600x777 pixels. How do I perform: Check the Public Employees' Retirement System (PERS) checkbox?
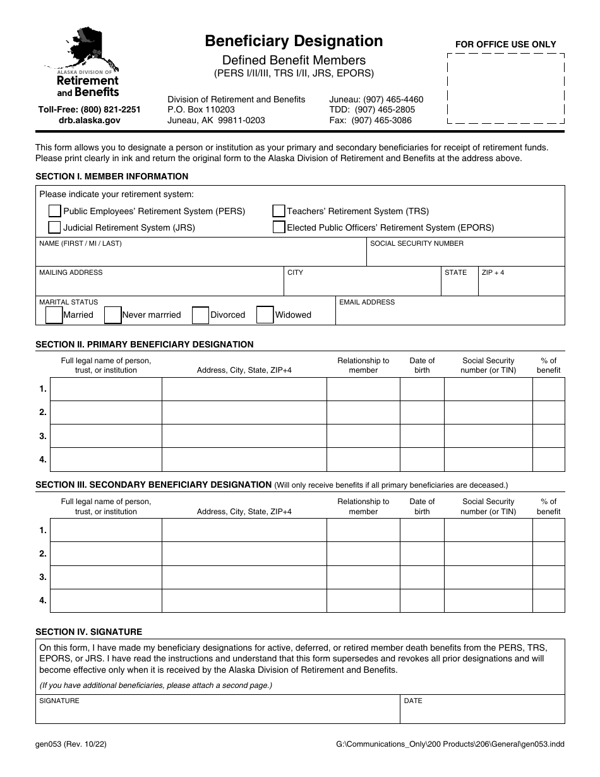click(x=55, y=211)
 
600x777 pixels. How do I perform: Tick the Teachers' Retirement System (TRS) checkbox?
click(x=279, y=211)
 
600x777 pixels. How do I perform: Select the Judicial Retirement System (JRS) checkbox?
click(x=55, y=227)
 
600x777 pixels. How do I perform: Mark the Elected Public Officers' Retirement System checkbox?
click(x=279, y=227)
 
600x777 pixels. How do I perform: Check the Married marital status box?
click(x=54, y=315)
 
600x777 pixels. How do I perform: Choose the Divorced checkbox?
click(x=200, y=315)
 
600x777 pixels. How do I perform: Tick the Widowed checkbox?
click(x=265, y=315)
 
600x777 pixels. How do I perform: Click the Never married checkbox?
click(x=112, y=315)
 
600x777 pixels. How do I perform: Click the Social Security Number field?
click(x=465, y=256)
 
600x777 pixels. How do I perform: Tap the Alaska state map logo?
click(x=89, y=49)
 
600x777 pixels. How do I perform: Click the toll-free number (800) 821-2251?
click(x=89, y=109)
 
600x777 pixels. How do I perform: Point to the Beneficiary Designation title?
click(x=294, y=41)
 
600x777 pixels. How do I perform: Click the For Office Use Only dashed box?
click(x=506, y=88)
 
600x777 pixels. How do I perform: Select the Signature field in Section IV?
click(x=217, y=713)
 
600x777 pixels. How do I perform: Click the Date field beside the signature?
click(x=483, y=713)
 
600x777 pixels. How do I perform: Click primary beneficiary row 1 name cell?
click(x=105, y=389)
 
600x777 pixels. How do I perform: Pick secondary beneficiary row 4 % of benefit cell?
click(x=548, y=601)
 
